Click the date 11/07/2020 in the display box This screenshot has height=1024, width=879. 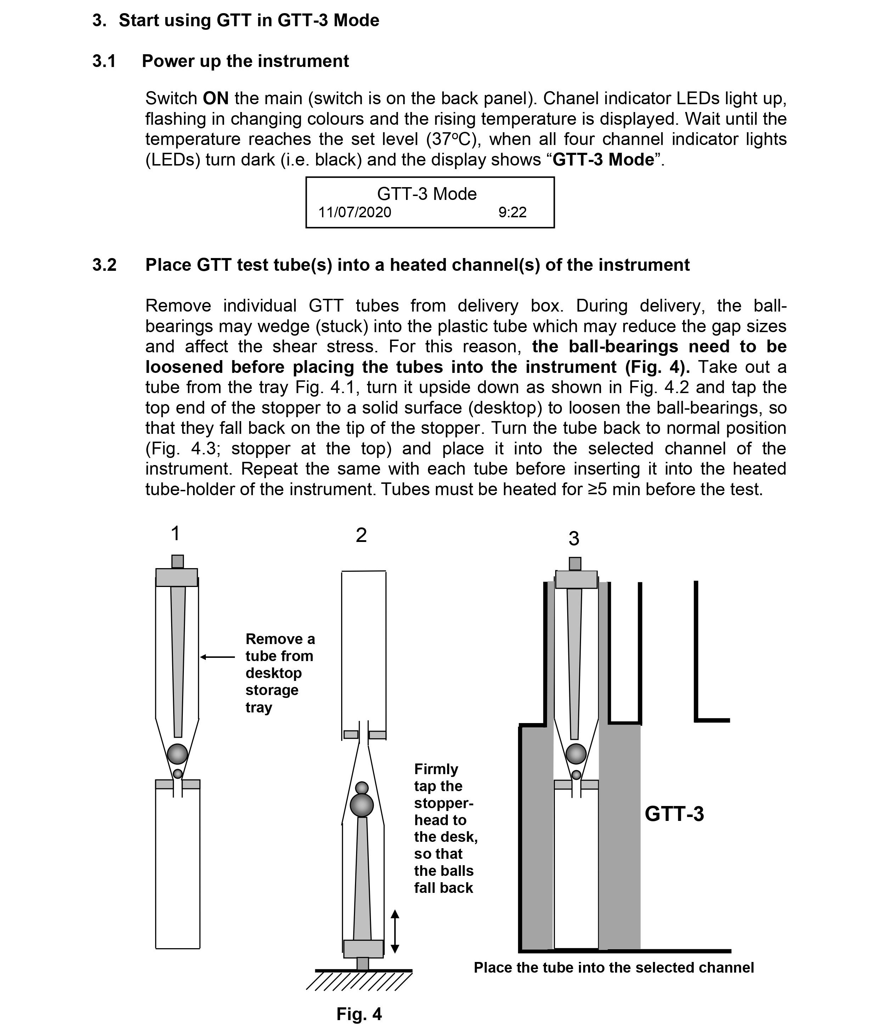point(354,213)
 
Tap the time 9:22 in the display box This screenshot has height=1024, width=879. point(512,213)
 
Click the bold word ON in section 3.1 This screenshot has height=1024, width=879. point(215,98)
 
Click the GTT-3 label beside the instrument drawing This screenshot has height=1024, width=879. point(674,813)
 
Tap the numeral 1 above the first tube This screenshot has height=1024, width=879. point(175,533)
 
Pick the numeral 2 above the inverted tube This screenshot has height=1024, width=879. point(361,535)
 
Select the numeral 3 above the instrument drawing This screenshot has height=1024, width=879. point(573,538)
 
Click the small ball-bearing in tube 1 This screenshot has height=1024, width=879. point(178,774)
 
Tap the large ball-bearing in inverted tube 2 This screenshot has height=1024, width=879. point(362,805)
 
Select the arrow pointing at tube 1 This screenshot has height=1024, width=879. point(218,657)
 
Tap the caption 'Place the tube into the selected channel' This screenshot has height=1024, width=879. point(614,968)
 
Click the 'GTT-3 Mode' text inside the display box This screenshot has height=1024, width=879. point(427,194)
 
